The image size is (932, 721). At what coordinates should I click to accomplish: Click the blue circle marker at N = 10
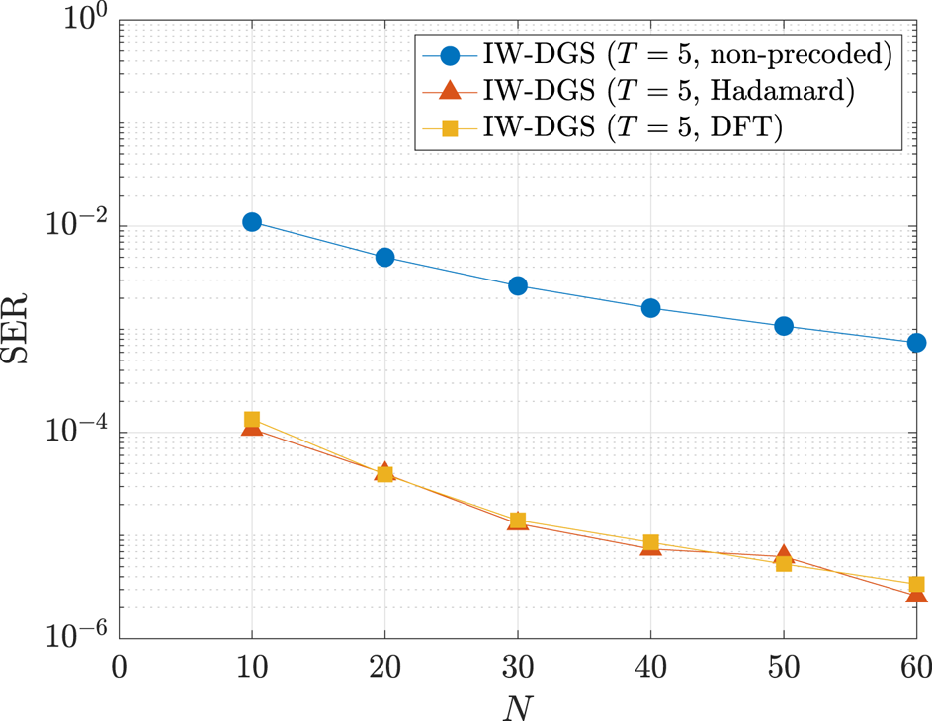(252, 222)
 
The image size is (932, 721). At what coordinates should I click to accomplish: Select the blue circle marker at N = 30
(518, 285)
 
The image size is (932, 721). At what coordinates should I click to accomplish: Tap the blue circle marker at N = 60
(916, 343)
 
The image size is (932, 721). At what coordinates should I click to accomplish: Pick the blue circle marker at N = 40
(650, 308)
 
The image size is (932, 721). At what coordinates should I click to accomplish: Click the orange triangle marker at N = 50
(784, 555)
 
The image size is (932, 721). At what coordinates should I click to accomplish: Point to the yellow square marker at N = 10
(252, 420)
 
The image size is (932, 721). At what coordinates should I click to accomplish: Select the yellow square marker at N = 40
(650, 543)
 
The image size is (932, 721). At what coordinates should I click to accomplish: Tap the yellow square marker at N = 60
(916, 585)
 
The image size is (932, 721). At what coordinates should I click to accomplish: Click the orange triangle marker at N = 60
(916, 594)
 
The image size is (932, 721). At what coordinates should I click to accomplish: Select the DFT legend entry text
(633, 128)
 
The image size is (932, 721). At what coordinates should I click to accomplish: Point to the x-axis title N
(518, 703)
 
